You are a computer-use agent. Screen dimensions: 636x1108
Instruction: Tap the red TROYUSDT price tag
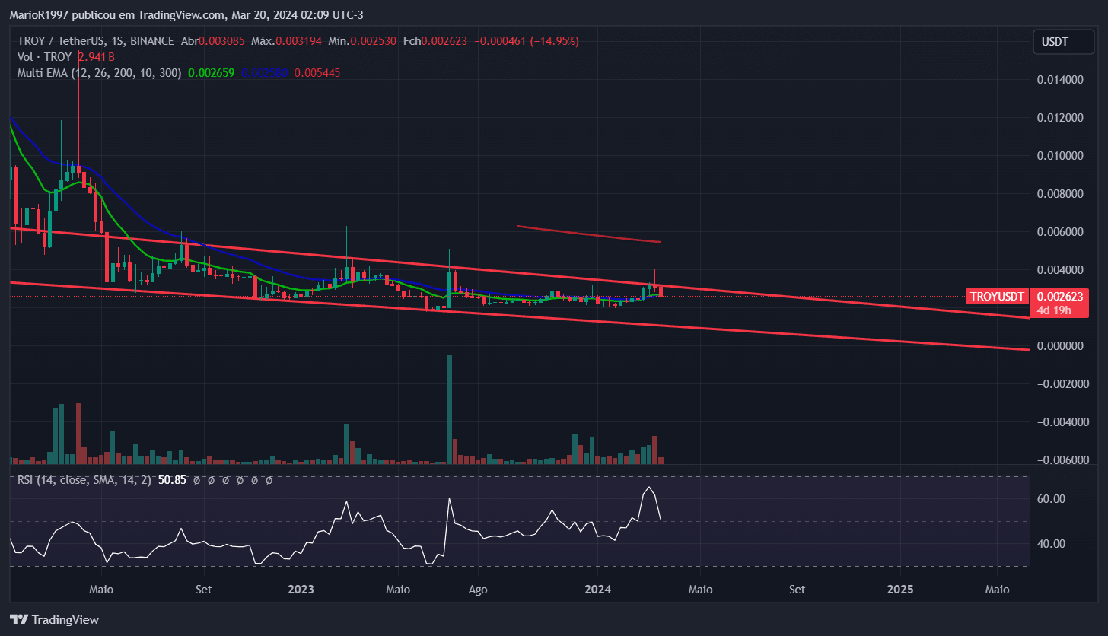997,296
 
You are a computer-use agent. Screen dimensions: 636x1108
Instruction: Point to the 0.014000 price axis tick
1061,80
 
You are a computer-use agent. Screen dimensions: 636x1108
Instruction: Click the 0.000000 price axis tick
1061,346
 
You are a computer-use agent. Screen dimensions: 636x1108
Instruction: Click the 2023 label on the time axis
301,590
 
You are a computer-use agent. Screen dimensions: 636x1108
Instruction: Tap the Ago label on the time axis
478,590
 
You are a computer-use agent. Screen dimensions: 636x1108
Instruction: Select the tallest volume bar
450,409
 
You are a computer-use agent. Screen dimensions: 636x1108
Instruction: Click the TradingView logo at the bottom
54,619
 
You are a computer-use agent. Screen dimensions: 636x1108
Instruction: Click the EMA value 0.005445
317,73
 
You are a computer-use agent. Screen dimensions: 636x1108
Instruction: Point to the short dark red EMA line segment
590,234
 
